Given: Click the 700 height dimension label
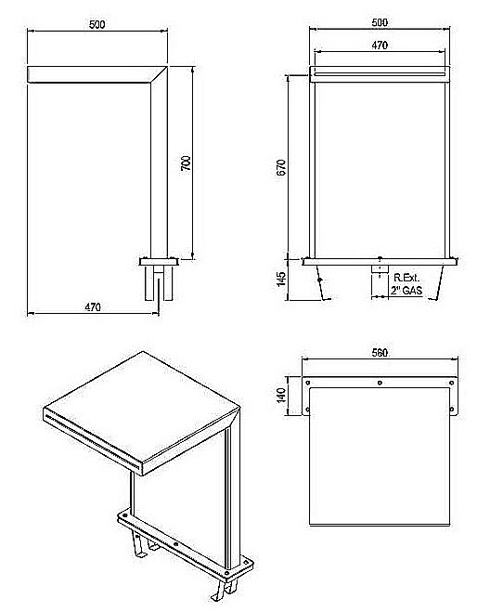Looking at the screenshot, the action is (187, 163).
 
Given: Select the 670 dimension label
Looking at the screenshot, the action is (281, 167).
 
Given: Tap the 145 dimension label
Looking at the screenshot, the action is (281, 279).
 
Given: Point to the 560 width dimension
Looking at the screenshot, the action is (380, 353).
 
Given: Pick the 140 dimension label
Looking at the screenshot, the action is (281, 395).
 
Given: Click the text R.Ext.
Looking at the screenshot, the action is (406, 278).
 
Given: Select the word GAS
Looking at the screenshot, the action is (412, 291).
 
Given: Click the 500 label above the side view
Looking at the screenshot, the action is (97, 24).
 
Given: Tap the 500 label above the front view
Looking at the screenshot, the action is (380, 22).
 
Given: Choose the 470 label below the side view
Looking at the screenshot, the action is (93, 307).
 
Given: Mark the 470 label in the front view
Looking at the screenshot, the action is (380, 46).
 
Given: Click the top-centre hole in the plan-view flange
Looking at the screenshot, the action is (380, 383).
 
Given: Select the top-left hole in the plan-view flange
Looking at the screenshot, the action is (308, 383).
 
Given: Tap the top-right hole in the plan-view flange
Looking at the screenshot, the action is (452, 383).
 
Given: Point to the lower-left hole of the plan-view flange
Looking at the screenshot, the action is (308, 410).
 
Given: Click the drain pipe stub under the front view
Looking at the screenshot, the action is (380, 269).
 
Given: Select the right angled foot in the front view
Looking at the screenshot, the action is (438, 282).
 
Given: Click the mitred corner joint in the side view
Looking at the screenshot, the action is (159, 74).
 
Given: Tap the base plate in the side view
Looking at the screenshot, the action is (159, 262).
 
